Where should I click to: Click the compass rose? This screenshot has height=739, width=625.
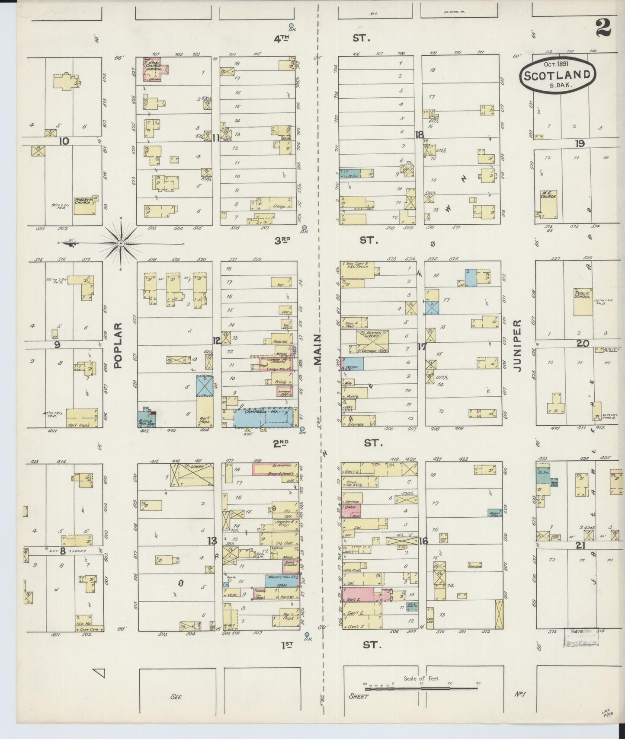click(x=122, y=243)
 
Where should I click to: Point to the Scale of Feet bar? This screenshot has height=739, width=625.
click(x=422, y=684)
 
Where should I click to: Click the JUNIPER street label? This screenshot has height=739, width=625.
click(x=519, y=346)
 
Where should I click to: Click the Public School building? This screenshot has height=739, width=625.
click(x=582, y=301)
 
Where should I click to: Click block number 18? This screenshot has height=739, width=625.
click(x=419, y=135)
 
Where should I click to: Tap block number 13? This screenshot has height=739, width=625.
click(x=212, y=541)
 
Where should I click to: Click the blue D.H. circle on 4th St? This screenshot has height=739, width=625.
click(x=292, y=26)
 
